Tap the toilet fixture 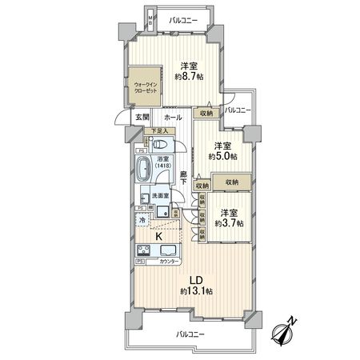(160, 146)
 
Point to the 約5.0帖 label (222, 151)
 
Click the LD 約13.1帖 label (194, 286)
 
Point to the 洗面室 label (162, 196)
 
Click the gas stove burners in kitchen (143, 249)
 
